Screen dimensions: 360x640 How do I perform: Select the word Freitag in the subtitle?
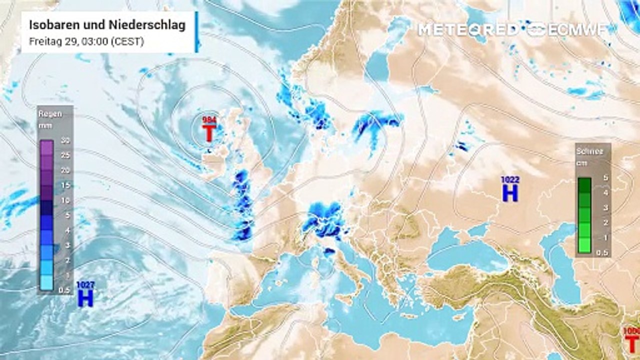43,41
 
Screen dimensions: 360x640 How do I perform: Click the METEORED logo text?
468,29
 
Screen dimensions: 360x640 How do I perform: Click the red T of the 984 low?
209,133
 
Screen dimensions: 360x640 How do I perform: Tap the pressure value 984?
209,120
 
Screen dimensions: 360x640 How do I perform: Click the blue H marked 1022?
510,192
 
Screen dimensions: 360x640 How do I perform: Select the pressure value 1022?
510,179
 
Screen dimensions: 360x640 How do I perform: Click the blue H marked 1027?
85,298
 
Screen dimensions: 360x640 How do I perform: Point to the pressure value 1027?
85,285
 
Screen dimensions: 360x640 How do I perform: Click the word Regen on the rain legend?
50,113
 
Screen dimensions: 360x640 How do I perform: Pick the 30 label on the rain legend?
64,141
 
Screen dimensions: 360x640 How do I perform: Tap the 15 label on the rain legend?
64,185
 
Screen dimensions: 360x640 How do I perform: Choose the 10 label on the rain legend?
64,200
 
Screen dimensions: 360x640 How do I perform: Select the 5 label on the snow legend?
605,177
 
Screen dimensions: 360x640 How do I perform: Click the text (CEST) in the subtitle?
128,41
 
